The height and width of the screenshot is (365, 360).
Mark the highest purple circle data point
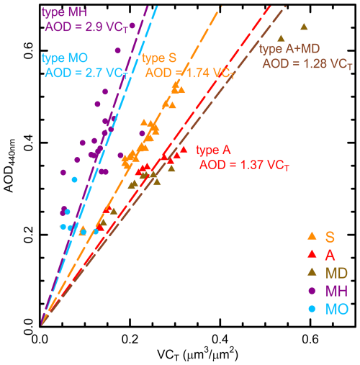tap(132, 25)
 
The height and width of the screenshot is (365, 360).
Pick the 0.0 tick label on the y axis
tap(26, 326)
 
